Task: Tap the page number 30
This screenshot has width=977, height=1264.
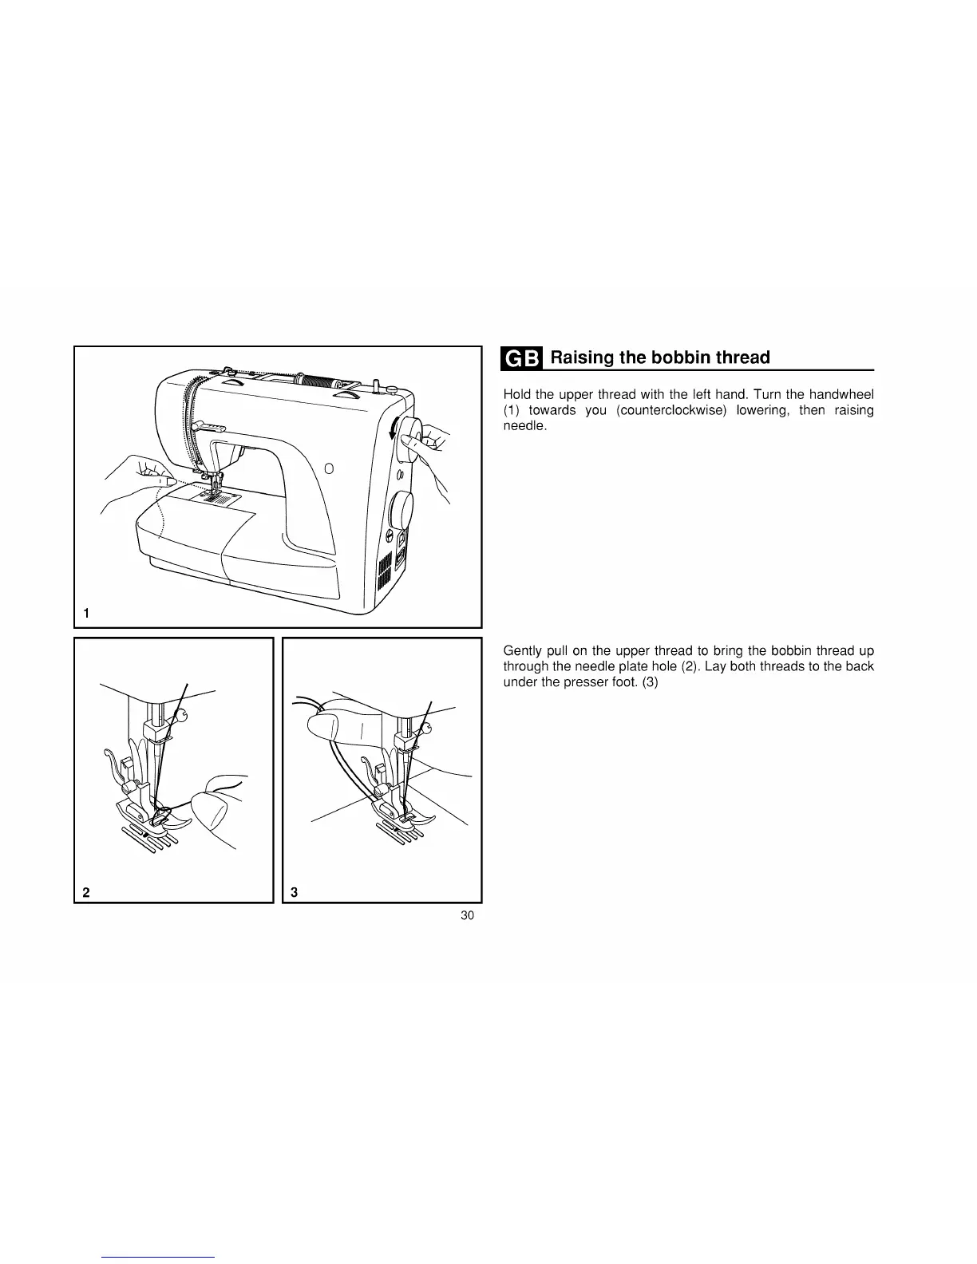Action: click(x=468, y=915)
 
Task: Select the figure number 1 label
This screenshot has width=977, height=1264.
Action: click(x=86, y=613)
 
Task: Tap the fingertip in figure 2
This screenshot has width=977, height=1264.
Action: click(x=212, y=810)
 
